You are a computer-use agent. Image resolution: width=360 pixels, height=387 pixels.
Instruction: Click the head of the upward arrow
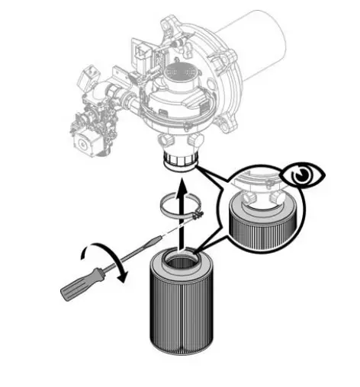click(x=180, y=184)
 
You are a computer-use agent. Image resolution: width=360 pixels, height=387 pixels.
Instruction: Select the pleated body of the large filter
click(x=182, y=312)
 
